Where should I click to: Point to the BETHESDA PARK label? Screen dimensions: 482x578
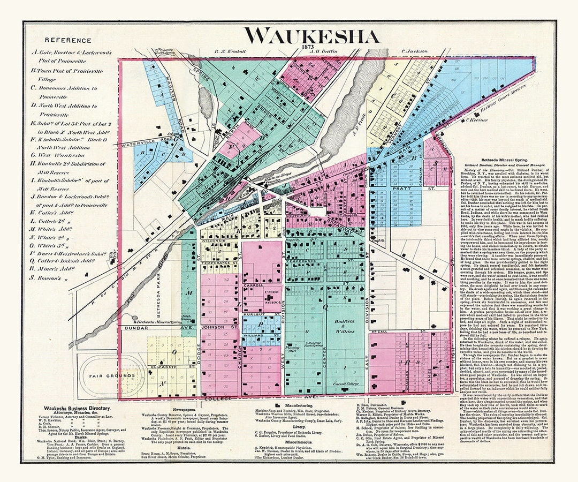171,292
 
